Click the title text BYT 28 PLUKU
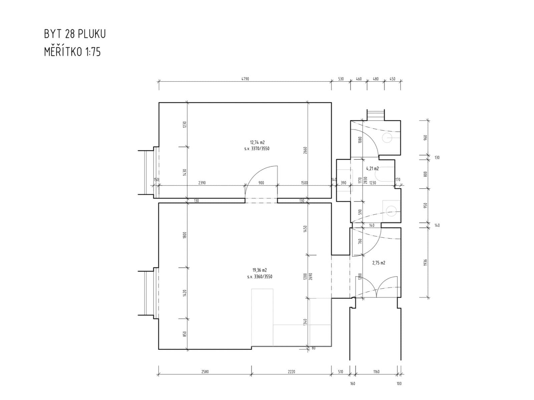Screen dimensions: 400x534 75,34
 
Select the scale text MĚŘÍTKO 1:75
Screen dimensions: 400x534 72,52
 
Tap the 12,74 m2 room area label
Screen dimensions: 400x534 257,142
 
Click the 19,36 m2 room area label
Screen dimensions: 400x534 259,270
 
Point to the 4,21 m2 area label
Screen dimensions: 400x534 372,169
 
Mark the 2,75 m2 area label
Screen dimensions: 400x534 378,263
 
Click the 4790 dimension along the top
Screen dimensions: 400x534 245,79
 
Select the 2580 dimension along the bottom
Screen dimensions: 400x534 205,372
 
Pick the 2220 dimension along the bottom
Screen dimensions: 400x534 291,372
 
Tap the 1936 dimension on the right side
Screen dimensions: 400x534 425,262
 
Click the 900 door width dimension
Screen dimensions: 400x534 261,183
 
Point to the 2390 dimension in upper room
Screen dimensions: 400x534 202,183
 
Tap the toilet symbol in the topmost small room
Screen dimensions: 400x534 388,137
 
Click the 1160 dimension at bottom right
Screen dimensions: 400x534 376,372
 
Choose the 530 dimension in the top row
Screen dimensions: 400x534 341,79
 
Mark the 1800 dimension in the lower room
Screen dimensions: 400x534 185,235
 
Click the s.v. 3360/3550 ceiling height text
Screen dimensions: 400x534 260,277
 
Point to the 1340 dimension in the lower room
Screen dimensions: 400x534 305,322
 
